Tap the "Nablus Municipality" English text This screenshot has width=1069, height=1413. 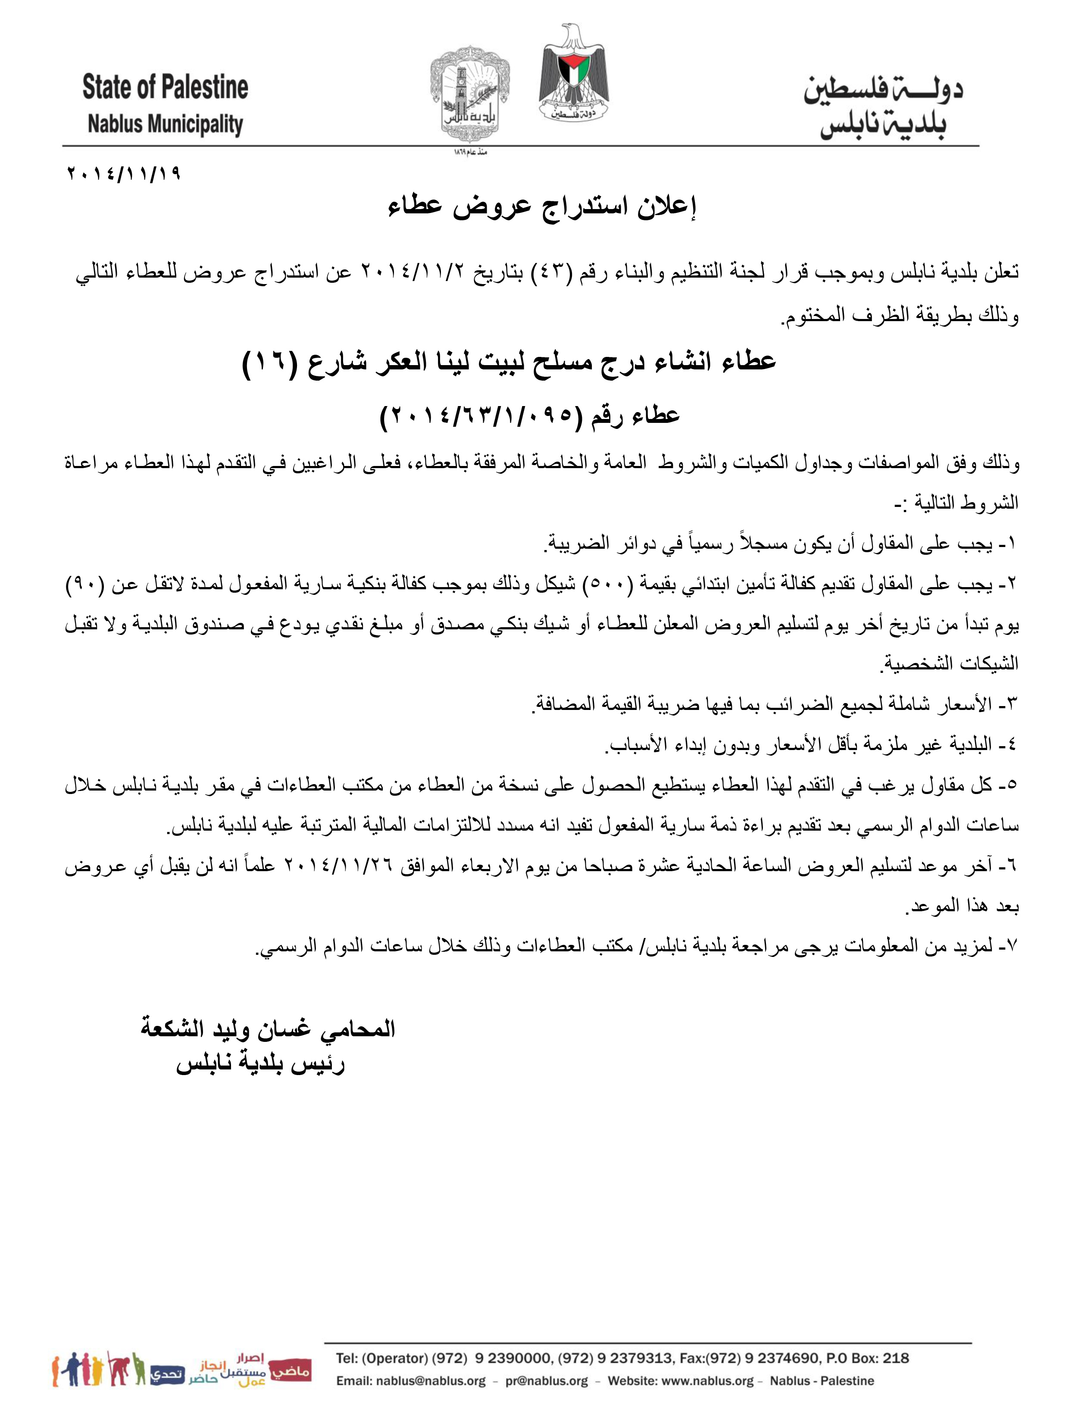[x=166, y=124]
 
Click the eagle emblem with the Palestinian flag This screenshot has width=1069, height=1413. [x=573, y=73]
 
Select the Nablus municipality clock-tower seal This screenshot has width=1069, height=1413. [x=470, y=91]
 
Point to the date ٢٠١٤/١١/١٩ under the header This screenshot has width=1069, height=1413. [x=124, y=173]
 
